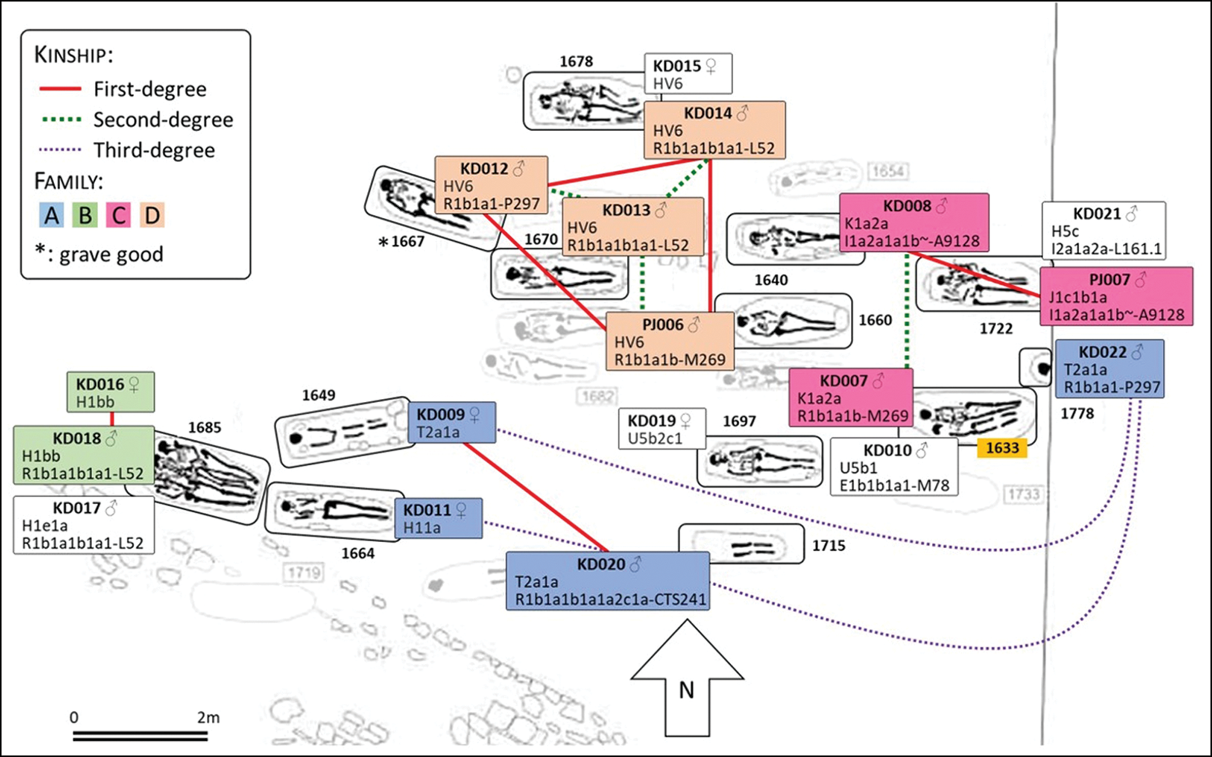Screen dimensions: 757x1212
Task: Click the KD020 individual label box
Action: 608,581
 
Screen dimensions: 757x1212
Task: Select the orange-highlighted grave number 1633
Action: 1002,448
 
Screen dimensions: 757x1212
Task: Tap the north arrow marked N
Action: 687,679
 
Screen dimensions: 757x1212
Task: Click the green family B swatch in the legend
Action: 85,215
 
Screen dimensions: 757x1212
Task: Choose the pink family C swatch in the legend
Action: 119,215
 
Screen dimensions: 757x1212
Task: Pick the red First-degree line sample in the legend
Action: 60,89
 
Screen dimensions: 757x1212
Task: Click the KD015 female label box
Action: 688,74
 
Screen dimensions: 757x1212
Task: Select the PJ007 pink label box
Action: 1116,297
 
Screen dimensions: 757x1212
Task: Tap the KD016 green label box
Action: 110,392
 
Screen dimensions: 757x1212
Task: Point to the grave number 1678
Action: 576,62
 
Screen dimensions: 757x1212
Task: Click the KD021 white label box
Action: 1104,231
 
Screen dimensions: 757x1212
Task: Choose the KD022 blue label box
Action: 1110,369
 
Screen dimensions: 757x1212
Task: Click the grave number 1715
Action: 829,546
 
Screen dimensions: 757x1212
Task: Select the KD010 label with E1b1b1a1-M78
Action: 894,467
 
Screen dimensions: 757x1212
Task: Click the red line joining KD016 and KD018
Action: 112,419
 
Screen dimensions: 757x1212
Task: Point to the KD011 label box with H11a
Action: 438,518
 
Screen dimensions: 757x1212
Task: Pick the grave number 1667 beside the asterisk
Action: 407,242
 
